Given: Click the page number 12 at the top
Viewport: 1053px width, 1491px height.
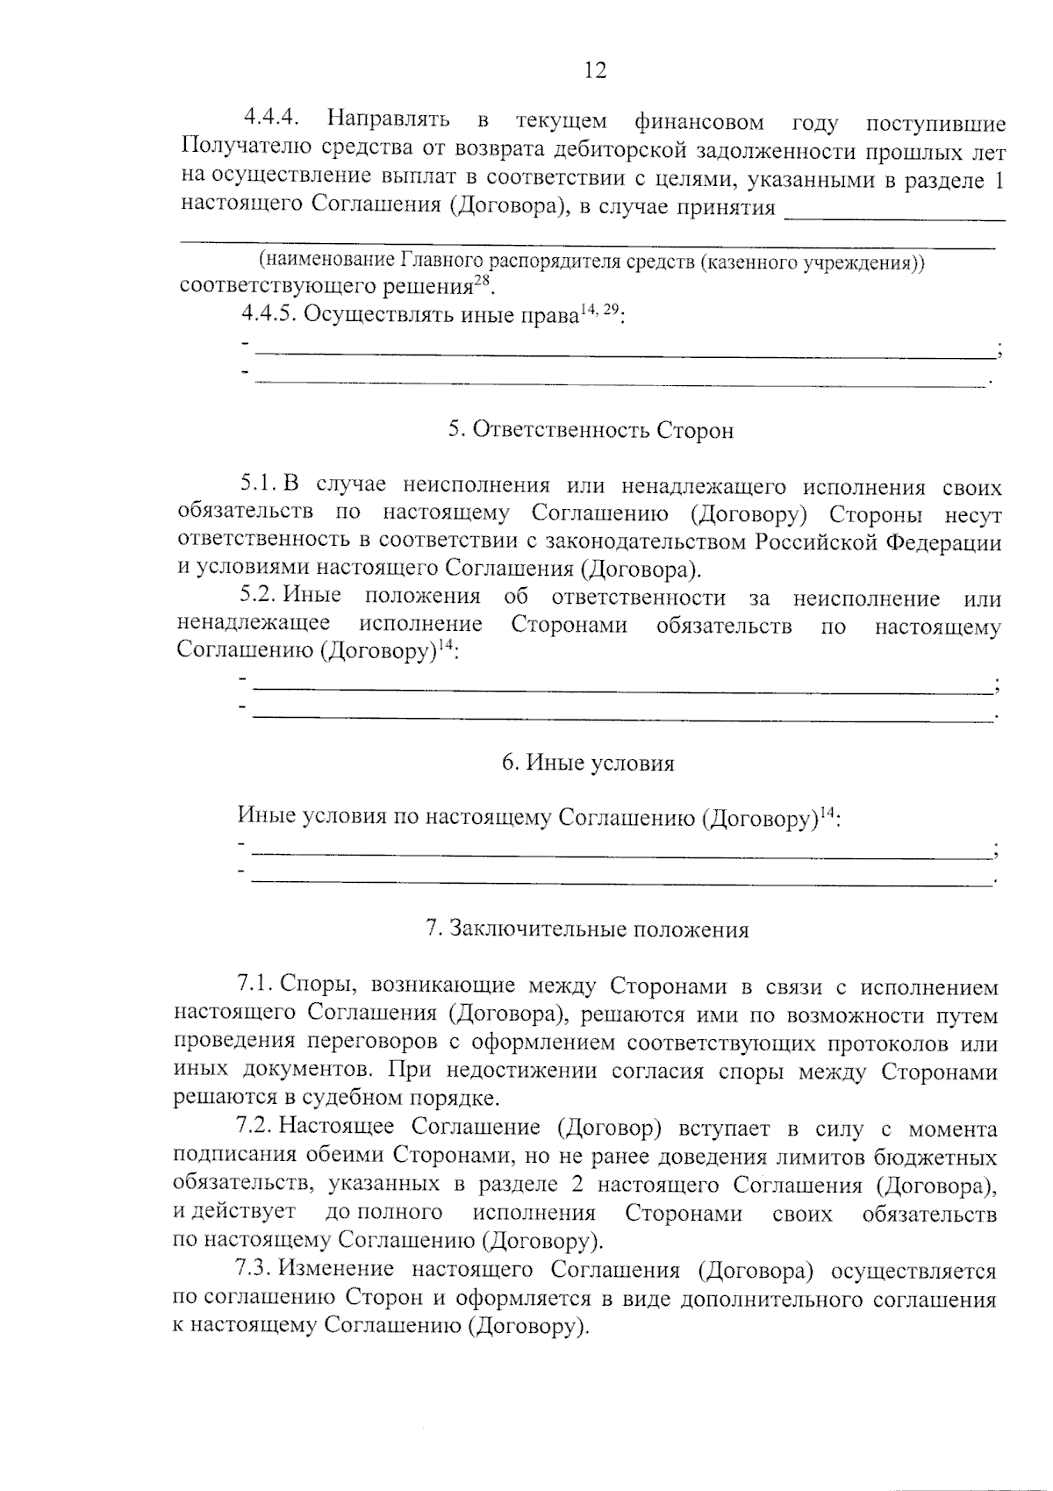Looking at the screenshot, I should pos(595,71).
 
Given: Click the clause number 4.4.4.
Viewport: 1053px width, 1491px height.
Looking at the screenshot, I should pos(273,118).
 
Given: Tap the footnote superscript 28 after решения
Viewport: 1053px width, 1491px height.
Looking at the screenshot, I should pos(482,280).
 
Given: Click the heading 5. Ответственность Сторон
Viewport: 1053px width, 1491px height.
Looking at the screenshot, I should pos(591,430).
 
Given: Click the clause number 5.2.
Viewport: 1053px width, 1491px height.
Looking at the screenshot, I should pos(260,599).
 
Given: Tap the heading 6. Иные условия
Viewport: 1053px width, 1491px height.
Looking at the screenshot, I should pos(588,763).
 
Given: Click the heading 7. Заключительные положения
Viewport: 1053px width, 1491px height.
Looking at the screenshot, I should pos(587,929).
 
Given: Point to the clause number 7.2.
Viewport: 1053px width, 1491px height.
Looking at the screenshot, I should pos(255,1129).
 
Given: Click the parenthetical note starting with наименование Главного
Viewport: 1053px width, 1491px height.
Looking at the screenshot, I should pos(591,262).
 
